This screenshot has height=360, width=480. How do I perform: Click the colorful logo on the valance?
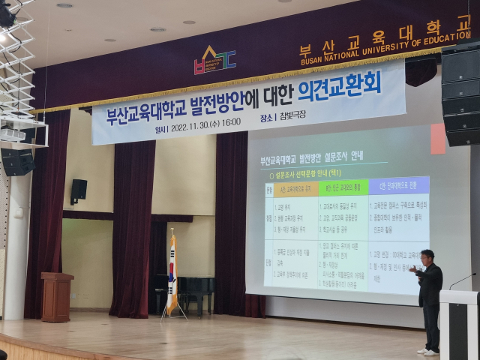point(214,60)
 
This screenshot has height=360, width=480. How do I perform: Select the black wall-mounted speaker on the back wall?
point(79,190)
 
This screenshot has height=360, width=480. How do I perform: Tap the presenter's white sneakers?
point(428,350)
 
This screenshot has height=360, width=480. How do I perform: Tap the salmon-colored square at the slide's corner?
point(438,139)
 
